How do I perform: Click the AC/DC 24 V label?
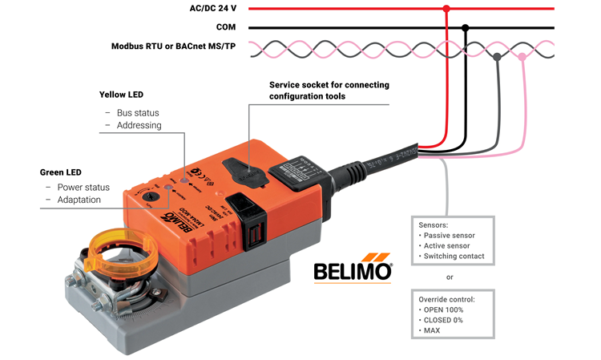point(212,8)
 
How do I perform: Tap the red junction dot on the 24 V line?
point(446,9)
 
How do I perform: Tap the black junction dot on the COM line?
point(466,27)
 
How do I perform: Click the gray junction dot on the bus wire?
point(498,57)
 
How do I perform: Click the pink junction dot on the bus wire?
point(522,57)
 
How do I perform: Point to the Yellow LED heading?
point(123,95)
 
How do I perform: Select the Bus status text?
point(138,113)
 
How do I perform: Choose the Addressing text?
point(139,126)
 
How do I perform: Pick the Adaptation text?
point(79,200)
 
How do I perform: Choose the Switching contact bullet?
point(452,256)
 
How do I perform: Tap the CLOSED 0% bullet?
point(441,320)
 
